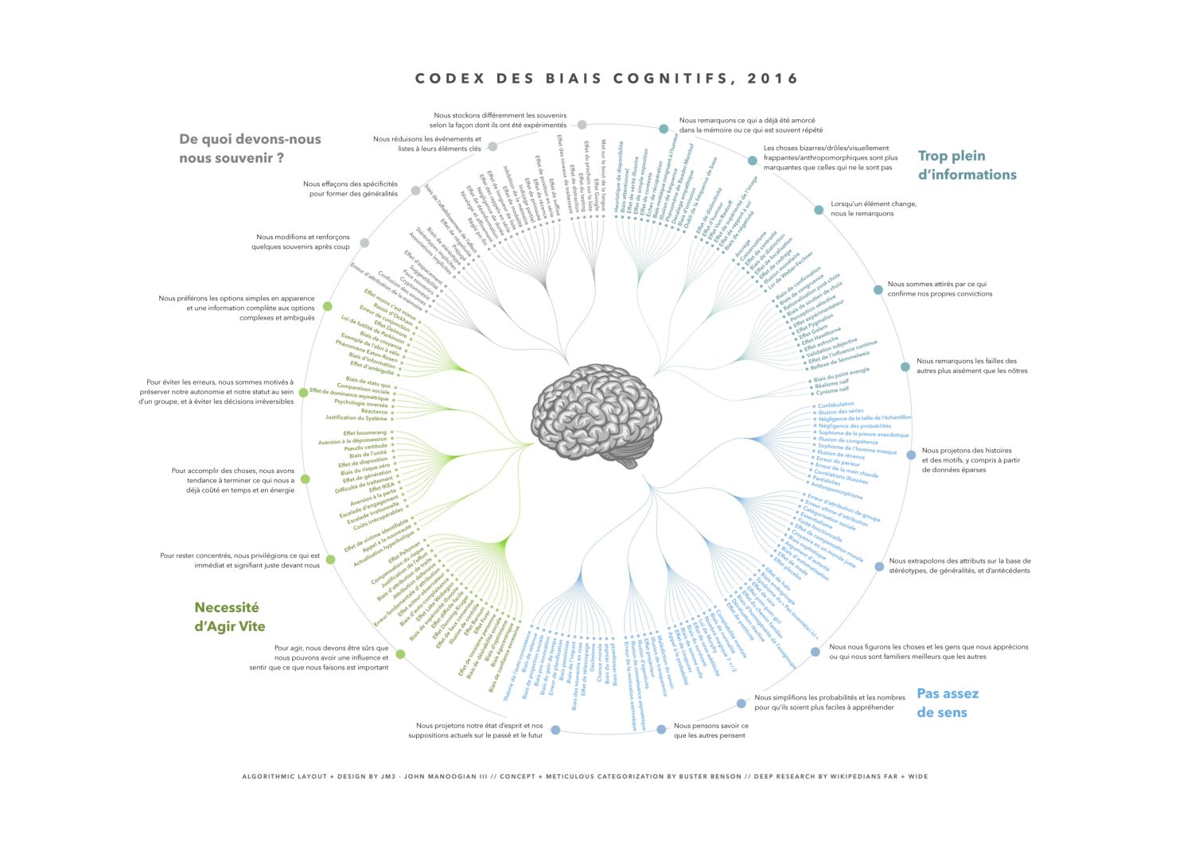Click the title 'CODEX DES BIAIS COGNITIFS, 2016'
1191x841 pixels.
point(607,79)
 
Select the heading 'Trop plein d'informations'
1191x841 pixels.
point(967,165)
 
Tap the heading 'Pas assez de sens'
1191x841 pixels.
point(947,703)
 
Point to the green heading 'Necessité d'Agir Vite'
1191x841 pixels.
point(230,617)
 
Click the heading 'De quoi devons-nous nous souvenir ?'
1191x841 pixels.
point(250,149)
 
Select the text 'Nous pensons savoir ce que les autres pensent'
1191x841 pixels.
point(710,731)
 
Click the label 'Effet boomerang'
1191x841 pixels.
point(365,433)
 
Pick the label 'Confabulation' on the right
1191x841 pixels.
point(836,405)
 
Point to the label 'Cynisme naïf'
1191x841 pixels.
point(833,390)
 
